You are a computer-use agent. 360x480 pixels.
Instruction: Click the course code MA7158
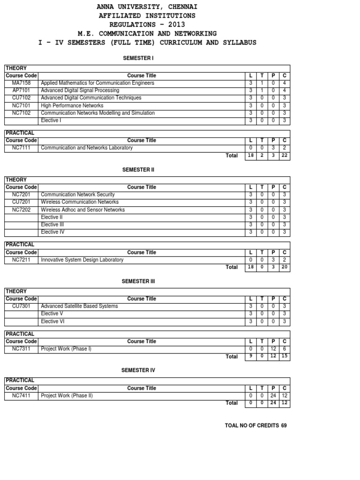[21, 83]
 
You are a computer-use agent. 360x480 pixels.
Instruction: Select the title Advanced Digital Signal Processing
[80, 90]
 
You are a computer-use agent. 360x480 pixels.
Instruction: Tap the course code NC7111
[21, 148]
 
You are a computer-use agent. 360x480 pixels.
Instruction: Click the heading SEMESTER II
[138, 170]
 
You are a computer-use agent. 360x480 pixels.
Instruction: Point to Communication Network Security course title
[78, 195]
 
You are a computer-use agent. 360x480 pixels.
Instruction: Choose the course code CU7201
[21, 202]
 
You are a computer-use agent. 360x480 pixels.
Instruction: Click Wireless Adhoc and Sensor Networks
[83, 210]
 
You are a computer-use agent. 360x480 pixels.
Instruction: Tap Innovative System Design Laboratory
[82, 260]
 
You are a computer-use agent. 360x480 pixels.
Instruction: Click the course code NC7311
[21, 349]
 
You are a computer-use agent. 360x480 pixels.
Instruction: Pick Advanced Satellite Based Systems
[80, 306]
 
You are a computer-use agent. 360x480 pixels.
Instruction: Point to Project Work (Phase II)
[67, 396]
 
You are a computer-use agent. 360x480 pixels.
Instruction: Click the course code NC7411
[21, 396]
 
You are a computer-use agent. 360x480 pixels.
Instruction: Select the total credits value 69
[284, 426]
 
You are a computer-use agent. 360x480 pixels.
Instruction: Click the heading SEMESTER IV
[138, 370]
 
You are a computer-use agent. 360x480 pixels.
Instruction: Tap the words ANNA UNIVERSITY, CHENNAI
[147, 7]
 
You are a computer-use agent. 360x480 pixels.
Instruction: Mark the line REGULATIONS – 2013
[147, 24]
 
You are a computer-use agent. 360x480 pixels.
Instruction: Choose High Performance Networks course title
[72, 105]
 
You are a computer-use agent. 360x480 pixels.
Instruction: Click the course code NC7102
[21, 113]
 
